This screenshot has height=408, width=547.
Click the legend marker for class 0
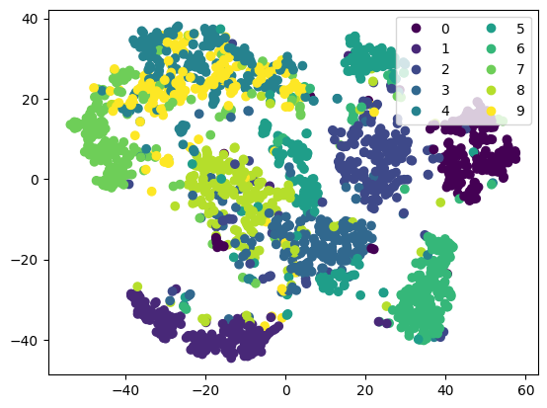(416, 29)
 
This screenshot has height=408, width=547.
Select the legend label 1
(445, 48)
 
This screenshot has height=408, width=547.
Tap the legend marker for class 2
(416, 69)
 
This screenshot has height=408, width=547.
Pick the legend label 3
(445, 90)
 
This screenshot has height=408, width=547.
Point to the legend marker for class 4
(416, 111)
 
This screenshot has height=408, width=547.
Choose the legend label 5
(520, 29)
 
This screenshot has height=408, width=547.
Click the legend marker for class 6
(491, 48)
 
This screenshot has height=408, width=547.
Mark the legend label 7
(520, 69)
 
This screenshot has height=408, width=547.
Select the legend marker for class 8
(491, 90)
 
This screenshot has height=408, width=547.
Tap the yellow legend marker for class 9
(491, 111)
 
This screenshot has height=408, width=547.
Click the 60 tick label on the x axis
(525, 390)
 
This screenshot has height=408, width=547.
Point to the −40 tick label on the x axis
(125, 390)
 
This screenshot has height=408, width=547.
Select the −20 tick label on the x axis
(205, 390)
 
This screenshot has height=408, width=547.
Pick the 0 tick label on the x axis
(286, 390)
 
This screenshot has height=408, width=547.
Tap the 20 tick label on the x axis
(366, 390)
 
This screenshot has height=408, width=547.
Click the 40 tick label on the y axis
(30, 19)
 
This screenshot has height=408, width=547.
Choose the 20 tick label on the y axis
(30, 100)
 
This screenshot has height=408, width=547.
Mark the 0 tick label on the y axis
(35, 180)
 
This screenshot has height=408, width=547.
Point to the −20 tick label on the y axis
(25, 260)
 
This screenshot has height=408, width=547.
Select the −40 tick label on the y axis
(25, 340)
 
